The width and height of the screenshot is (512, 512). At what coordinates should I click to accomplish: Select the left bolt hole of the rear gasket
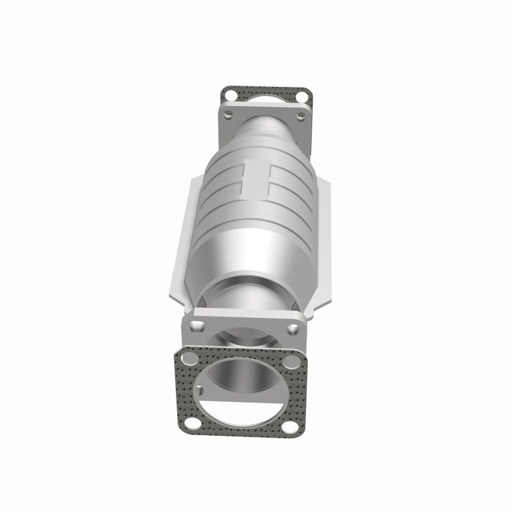tap(228, 95)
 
